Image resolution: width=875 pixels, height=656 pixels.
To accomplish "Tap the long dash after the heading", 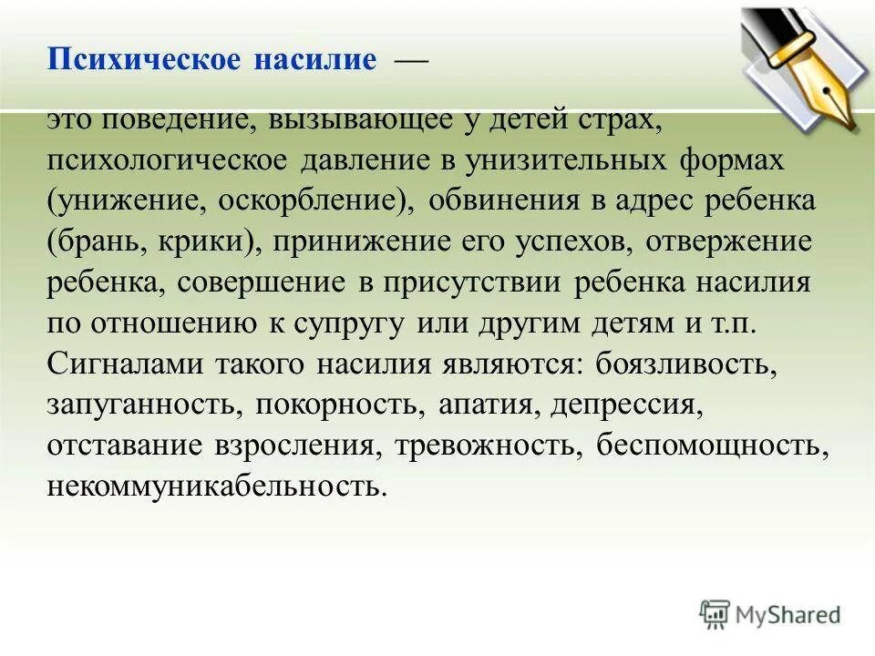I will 409,61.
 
